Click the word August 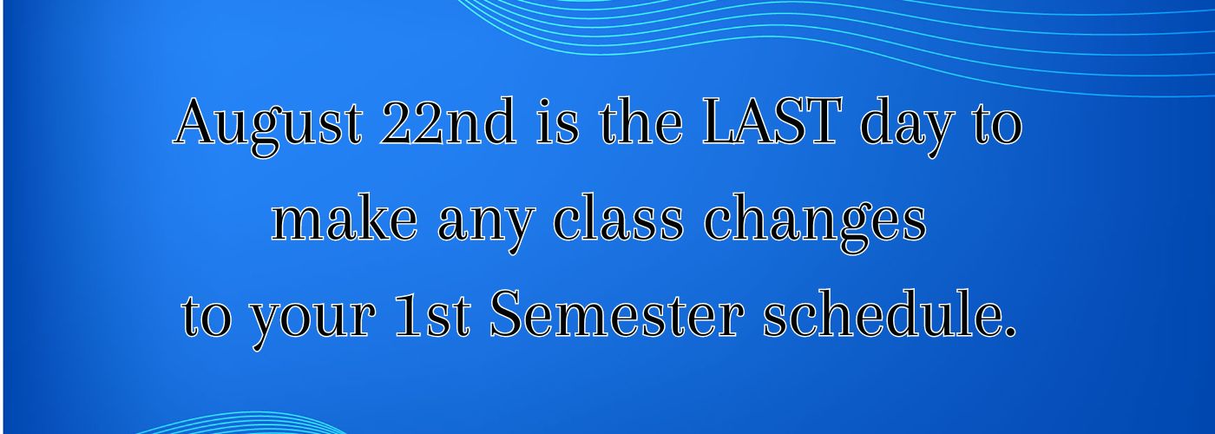tap(268, 126)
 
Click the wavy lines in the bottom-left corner tap(239, 423)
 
